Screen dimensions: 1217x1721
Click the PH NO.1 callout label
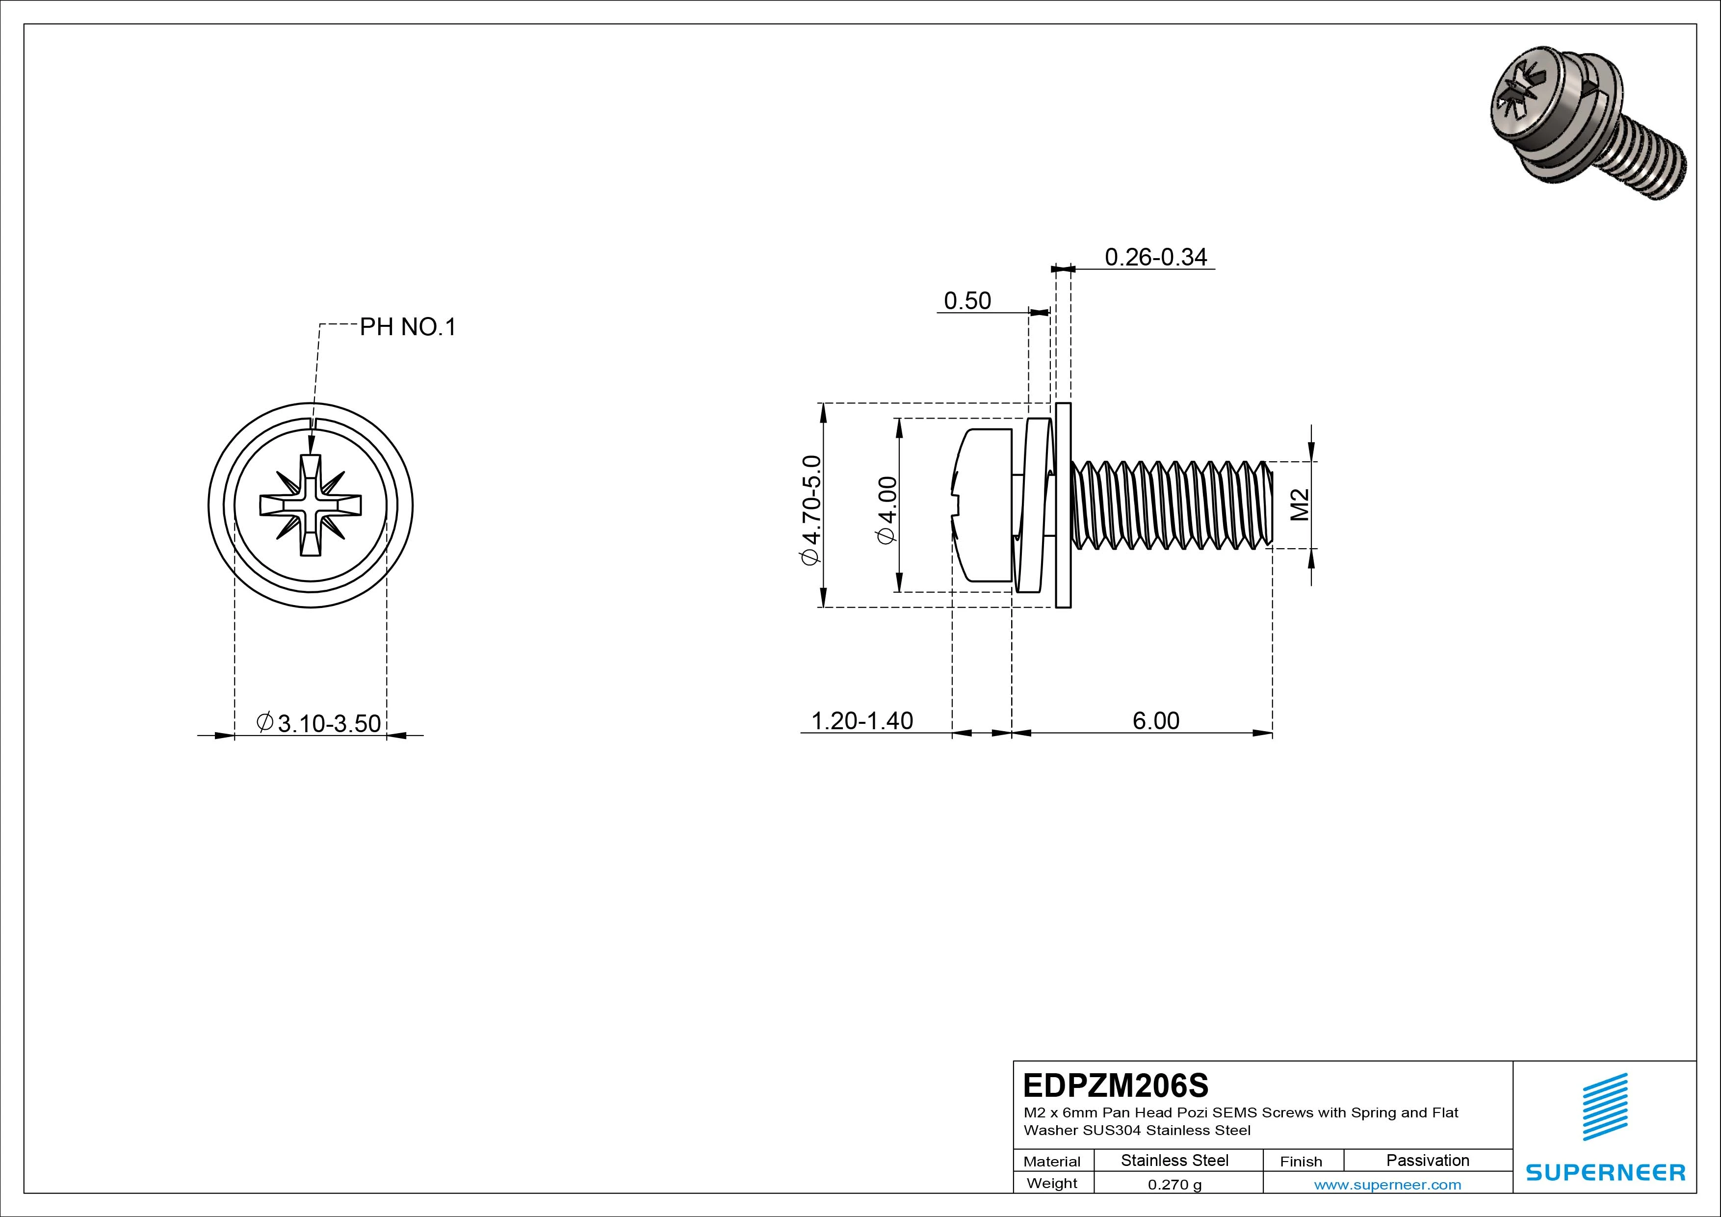point(408,327)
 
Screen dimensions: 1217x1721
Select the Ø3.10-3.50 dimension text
point(319,724)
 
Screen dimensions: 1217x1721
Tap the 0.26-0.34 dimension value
point(1156,257)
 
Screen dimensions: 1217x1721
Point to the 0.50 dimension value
point(967,301)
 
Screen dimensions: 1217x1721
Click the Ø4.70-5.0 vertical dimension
point(812,510)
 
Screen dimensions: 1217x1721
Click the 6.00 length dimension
point(1156,720)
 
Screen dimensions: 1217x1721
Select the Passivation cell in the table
point(1427,1161)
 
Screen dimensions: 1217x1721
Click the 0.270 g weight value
point(1174,1185)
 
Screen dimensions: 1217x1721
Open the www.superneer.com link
point(1387,1185)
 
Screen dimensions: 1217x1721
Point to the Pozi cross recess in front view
point(311,504)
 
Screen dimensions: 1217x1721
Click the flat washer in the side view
point(1063,504)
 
